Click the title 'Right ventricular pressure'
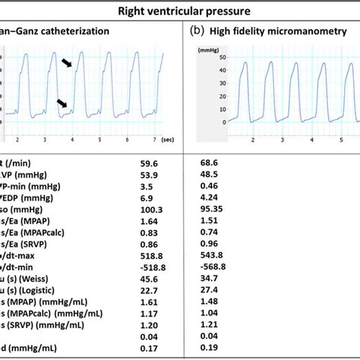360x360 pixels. click(180, 11)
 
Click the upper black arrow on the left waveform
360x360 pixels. click(69, 65)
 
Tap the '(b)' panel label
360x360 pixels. click(197, 32)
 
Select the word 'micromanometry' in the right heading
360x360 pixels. click(320, 32)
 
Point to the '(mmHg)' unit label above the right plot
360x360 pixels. click(208, 49)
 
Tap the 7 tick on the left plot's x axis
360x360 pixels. click(154, 141)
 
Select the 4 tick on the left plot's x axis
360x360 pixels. click(72, 141)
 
